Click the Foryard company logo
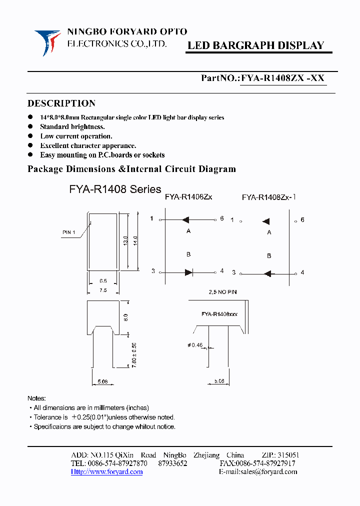tap(47, 41)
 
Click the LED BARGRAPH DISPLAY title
tap(255, 45)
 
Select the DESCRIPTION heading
tap(61, 103)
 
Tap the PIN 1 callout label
tap(69, 232)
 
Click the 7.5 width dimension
tap(102, 290)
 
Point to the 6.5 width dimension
tap(102, 281)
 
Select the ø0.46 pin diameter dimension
tap(197, 345)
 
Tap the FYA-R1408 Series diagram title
tap(115, 189)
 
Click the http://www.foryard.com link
tap(106, 471)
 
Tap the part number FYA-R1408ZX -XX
tap(283, 78)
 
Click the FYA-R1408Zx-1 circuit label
tap(269, 197)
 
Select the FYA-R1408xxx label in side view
tap(219, 314)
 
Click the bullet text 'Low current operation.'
tap(76, 136)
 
